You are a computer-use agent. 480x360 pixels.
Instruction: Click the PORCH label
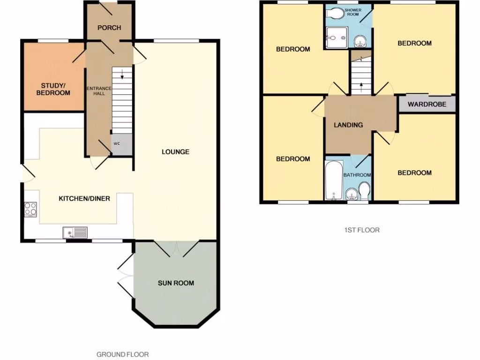pos(109,28)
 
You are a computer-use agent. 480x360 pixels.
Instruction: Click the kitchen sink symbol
pos(75,232)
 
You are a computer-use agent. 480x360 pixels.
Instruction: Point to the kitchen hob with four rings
pos(30,209)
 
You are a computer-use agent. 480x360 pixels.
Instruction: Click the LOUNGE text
pos(175,151)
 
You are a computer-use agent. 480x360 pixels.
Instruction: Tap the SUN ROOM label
pos(175,283)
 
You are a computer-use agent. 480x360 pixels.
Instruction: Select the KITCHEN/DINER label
pos(84,198)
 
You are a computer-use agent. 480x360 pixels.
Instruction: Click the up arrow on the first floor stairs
pos(361,86)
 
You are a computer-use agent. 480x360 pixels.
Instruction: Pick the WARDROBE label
pos(426,104)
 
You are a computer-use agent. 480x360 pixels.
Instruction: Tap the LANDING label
pos(348,125)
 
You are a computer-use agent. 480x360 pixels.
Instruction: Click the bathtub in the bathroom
pos(334,180)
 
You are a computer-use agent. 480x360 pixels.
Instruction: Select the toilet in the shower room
pos(335,14)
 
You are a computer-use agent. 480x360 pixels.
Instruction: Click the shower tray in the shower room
pos(337,37)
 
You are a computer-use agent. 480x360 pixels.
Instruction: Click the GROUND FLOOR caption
pos(122,354)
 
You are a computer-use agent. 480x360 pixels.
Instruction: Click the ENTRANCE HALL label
pos(99,90)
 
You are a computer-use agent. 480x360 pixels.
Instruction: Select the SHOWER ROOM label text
pos(352,12)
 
